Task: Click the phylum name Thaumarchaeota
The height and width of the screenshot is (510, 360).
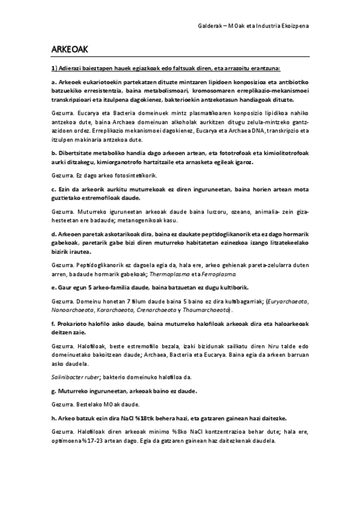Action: coord(204,310)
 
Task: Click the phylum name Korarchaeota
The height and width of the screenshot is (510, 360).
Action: coord(117,310)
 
